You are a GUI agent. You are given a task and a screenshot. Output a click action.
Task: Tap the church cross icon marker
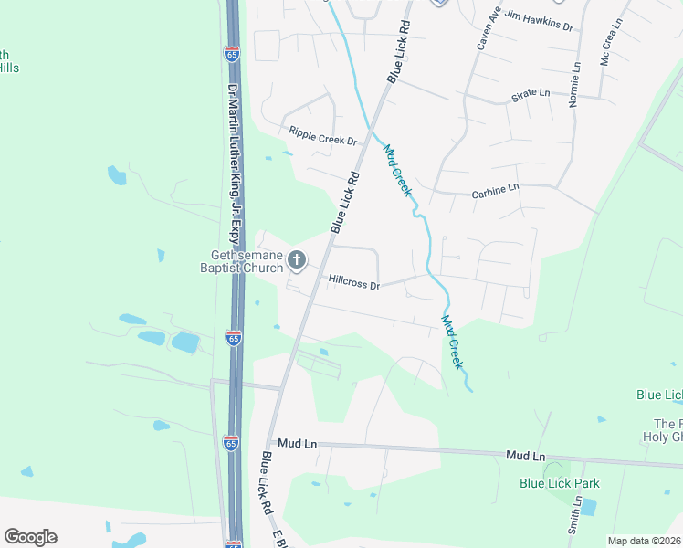coord(297,261)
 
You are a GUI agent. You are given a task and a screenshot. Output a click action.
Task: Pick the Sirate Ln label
coord(531,93)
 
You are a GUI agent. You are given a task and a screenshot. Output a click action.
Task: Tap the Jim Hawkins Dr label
coord(539,21)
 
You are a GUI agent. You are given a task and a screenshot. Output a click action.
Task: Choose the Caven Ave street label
coord(484,28)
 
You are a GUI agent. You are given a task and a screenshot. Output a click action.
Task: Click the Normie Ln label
coord(575,85)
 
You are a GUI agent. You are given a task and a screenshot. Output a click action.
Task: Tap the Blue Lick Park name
coord(552,483)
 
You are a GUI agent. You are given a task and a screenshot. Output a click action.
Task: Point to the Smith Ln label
coord(575,516)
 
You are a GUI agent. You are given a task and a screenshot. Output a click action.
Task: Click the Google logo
coord(30,537)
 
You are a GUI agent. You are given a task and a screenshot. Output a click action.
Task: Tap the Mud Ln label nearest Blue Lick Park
coord(525,455)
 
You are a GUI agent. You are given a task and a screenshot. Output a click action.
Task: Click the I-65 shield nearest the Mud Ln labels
coord(231,443)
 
